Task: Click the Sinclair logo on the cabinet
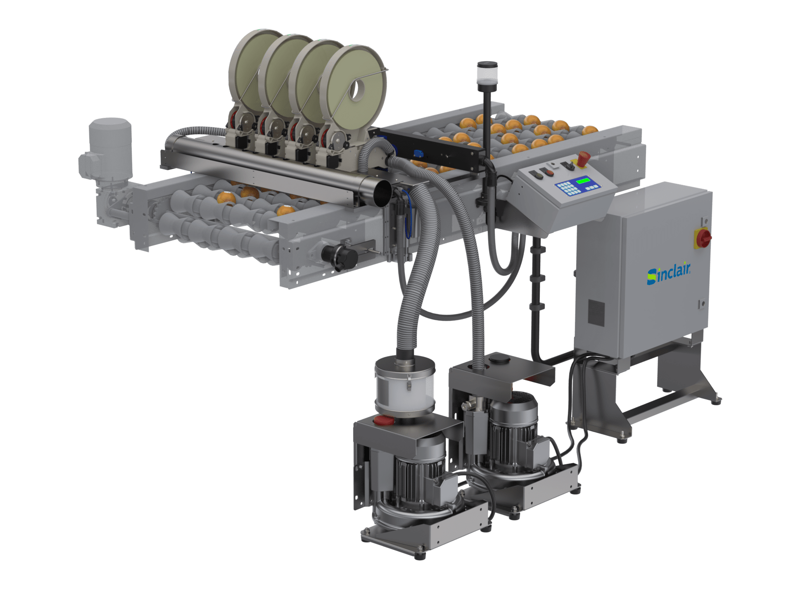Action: pyautogui.click(x=669, y=274)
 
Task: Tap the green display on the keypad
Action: pyautogui.click(x=583, y=181)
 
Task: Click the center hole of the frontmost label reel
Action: pyautogui.click(x=356, y=90)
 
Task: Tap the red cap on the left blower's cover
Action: pyautogui.click(x=384, y=421)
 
